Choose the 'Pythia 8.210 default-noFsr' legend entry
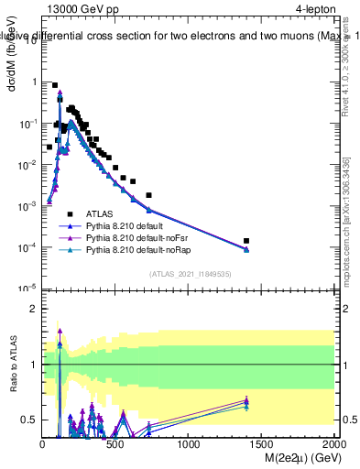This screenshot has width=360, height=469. (138, 236)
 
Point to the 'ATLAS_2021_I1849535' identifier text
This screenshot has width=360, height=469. (189, 273)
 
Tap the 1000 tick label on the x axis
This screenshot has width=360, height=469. (189, 443)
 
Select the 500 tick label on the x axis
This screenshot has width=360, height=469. (115, 443)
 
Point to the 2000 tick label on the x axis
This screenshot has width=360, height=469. (333, 443)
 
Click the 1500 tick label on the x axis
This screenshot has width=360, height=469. (262, 443)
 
